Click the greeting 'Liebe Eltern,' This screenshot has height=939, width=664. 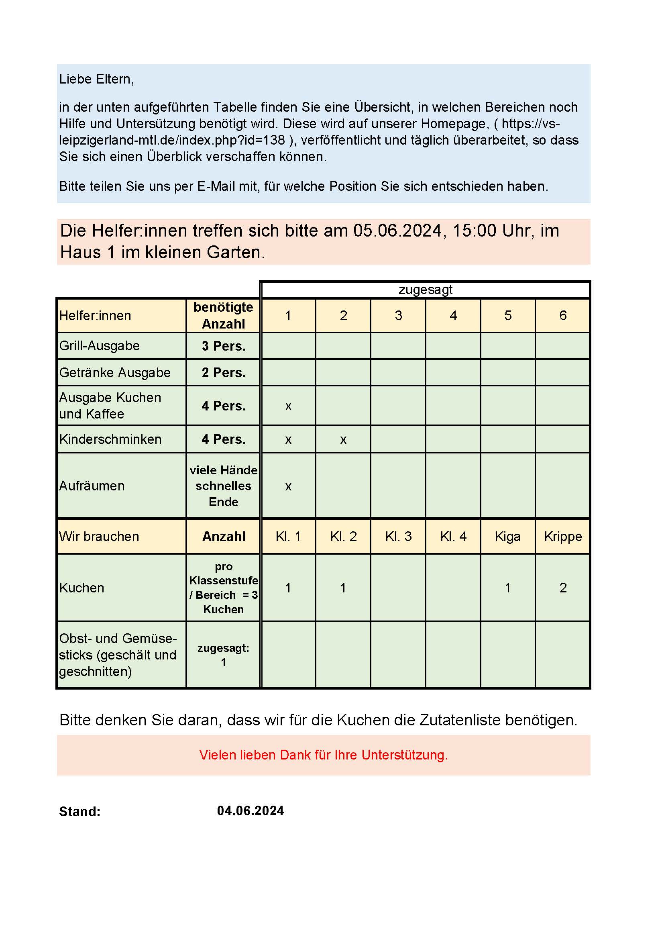(x=96, y=79)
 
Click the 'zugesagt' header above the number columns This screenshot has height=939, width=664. (x=425, y=290)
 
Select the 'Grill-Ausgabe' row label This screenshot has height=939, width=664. (x=99, y=346)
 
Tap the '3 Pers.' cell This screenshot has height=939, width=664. (x=223, y=346)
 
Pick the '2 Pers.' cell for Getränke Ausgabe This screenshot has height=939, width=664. (x=223, y=373)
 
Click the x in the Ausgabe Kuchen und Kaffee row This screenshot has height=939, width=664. (x=288, y=406)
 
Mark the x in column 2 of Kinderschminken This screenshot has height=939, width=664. (x=343, y=440)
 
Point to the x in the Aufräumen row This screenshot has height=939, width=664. (x=288, y=486)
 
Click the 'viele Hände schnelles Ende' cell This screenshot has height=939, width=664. (x=223, y=486)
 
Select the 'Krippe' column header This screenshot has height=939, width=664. (x=562, y=537)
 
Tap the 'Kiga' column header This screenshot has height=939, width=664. (x=507, y=537)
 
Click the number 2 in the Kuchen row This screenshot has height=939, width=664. (x=562, y=588)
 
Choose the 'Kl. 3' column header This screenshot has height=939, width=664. (x=398, y=537)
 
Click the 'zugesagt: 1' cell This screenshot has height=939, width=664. (x=223, y=655)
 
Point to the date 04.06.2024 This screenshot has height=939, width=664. (x=250, y=810)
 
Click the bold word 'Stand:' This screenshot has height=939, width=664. (x=80, y=811)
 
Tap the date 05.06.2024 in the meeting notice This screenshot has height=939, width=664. (x=397, y=231)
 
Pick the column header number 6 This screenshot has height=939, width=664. (x=562, y=315)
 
